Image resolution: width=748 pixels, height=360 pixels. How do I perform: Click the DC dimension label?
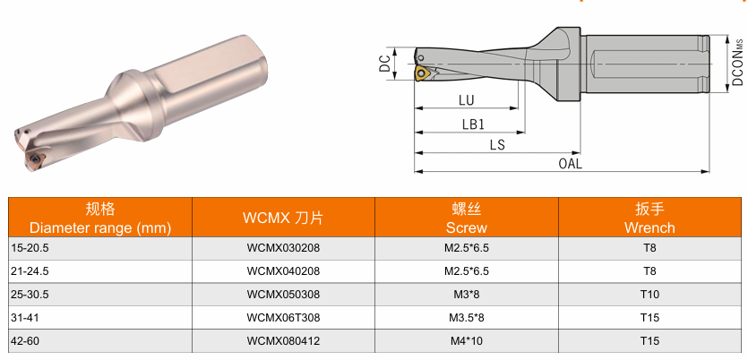pyautogui.click(x=385, y=64)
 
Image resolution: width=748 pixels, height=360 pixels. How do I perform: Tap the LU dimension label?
pyautogui.click(x=466, y=100)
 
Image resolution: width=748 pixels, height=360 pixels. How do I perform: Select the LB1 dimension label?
pyautogui.click(x=473, y=124)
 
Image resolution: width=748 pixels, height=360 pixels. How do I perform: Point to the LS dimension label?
pyautogui.click(x=497, y=145)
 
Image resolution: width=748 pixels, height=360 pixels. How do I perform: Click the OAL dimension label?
pyautogui.click(x=570, y=164)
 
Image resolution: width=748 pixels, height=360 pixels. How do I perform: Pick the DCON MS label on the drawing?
pyautogui.click(x=738, y=62)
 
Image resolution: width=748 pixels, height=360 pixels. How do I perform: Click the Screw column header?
pyautogui.click(x=467, y=218)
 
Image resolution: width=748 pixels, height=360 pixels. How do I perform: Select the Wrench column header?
pyautogui.click(x=649, y=218)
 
